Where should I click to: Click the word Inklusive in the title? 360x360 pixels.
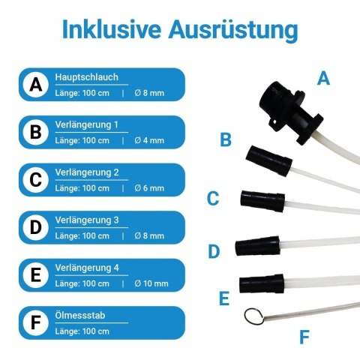tap(112, 29)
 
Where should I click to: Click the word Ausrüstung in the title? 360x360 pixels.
tap(233, 31)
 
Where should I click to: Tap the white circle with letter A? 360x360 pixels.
tap(36, 85)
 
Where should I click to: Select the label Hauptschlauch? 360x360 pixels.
tap(86, 77)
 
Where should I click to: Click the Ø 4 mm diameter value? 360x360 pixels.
tap(149, 140)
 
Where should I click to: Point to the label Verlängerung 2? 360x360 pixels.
tap(87, 172)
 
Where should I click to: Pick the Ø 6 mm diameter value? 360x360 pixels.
tap(149, 188)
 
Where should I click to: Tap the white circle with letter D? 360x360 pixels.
tap(36, 227)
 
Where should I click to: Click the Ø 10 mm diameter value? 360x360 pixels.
tap(151, 283)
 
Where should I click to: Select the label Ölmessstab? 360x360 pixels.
tap(80, 316)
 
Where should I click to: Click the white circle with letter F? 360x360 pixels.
tap(36, 322)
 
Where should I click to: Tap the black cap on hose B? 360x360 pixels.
tap(269, 160)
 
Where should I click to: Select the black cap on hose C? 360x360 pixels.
tap(262, 201)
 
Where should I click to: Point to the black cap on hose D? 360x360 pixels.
tap(257, 246)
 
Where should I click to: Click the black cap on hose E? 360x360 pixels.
tap(262, 283)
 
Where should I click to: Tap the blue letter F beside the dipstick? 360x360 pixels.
tap(304, 337)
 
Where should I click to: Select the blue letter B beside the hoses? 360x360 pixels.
tap(226, 139)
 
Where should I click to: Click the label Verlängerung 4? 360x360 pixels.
tap(87, 268)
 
